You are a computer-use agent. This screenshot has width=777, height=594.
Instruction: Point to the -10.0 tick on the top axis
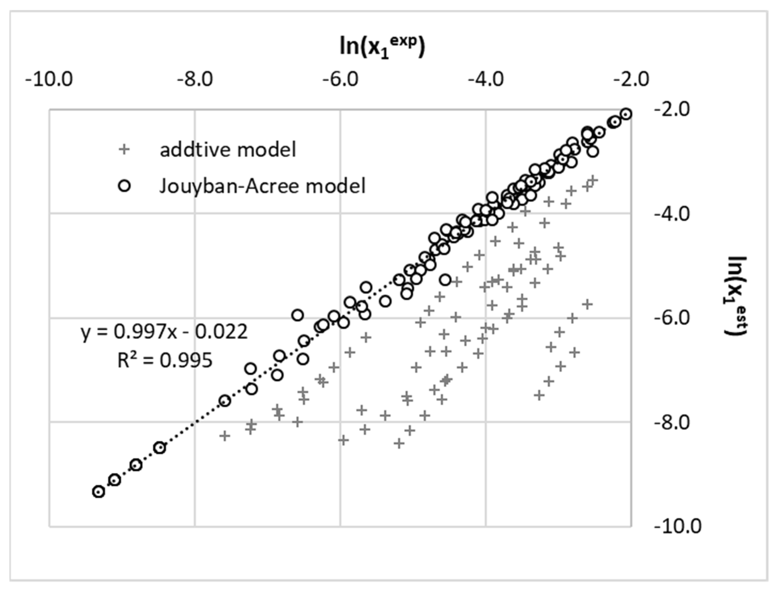click(49, 80)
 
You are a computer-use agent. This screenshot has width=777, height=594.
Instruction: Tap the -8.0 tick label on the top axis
click(195, 80)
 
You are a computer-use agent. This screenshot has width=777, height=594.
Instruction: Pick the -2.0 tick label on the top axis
click(631, 80)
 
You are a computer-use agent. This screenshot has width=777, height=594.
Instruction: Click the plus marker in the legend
click(124, 149)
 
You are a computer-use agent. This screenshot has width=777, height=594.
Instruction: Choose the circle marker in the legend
click(125, 186)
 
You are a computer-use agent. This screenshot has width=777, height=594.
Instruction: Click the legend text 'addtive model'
click(228, 149)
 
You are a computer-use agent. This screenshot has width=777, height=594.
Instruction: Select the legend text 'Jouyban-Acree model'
click(262, 186)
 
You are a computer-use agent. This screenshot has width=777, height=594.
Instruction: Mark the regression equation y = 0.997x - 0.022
click(164, 332)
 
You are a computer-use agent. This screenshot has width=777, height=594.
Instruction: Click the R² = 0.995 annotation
click(165, 361)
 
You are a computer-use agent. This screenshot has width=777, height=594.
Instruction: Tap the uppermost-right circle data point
click(626, 114)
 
